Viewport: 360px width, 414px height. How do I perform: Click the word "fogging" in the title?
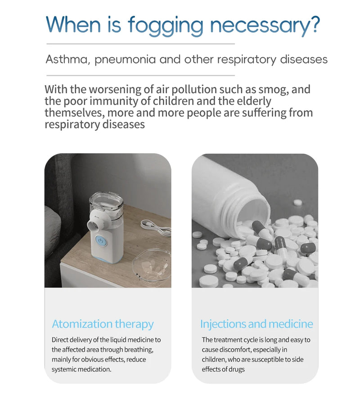(166, 26)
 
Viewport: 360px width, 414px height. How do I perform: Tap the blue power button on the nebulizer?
(100, 241)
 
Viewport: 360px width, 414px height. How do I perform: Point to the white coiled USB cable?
(156, 227)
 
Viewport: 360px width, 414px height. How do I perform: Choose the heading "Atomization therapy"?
(103, 324)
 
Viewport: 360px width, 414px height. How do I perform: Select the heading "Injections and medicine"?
(256, 324)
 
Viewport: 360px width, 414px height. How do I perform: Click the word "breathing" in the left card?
(139, 350)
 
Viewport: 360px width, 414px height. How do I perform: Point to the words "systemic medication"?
(81, 369)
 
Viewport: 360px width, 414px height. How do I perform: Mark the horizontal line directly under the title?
(140, 44)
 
